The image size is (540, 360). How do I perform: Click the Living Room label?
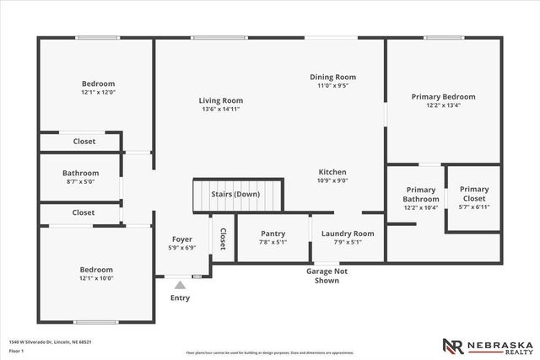(221, 100)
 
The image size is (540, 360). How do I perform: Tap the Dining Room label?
(332, 77)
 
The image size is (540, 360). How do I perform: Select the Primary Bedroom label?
(443, 97)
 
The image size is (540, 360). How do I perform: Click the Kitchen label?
(332, 172)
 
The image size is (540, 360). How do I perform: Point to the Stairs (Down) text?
(235, 194)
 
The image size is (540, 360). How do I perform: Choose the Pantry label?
(273, 234)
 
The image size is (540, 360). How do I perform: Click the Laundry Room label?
(347, 234)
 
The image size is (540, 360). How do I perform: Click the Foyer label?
(183, 239)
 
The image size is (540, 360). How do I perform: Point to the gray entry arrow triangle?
(179, 285)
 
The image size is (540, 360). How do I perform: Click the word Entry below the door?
(180, 298)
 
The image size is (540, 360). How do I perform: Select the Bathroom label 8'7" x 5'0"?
(80, 173)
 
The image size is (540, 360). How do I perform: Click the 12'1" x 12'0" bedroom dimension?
(98, 93)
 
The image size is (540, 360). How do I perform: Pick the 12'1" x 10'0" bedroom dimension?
(96, 278)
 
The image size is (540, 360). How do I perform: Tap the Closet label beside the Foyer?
(224, 239)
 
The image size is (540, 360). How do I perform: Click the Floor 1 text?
(17, 351)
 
